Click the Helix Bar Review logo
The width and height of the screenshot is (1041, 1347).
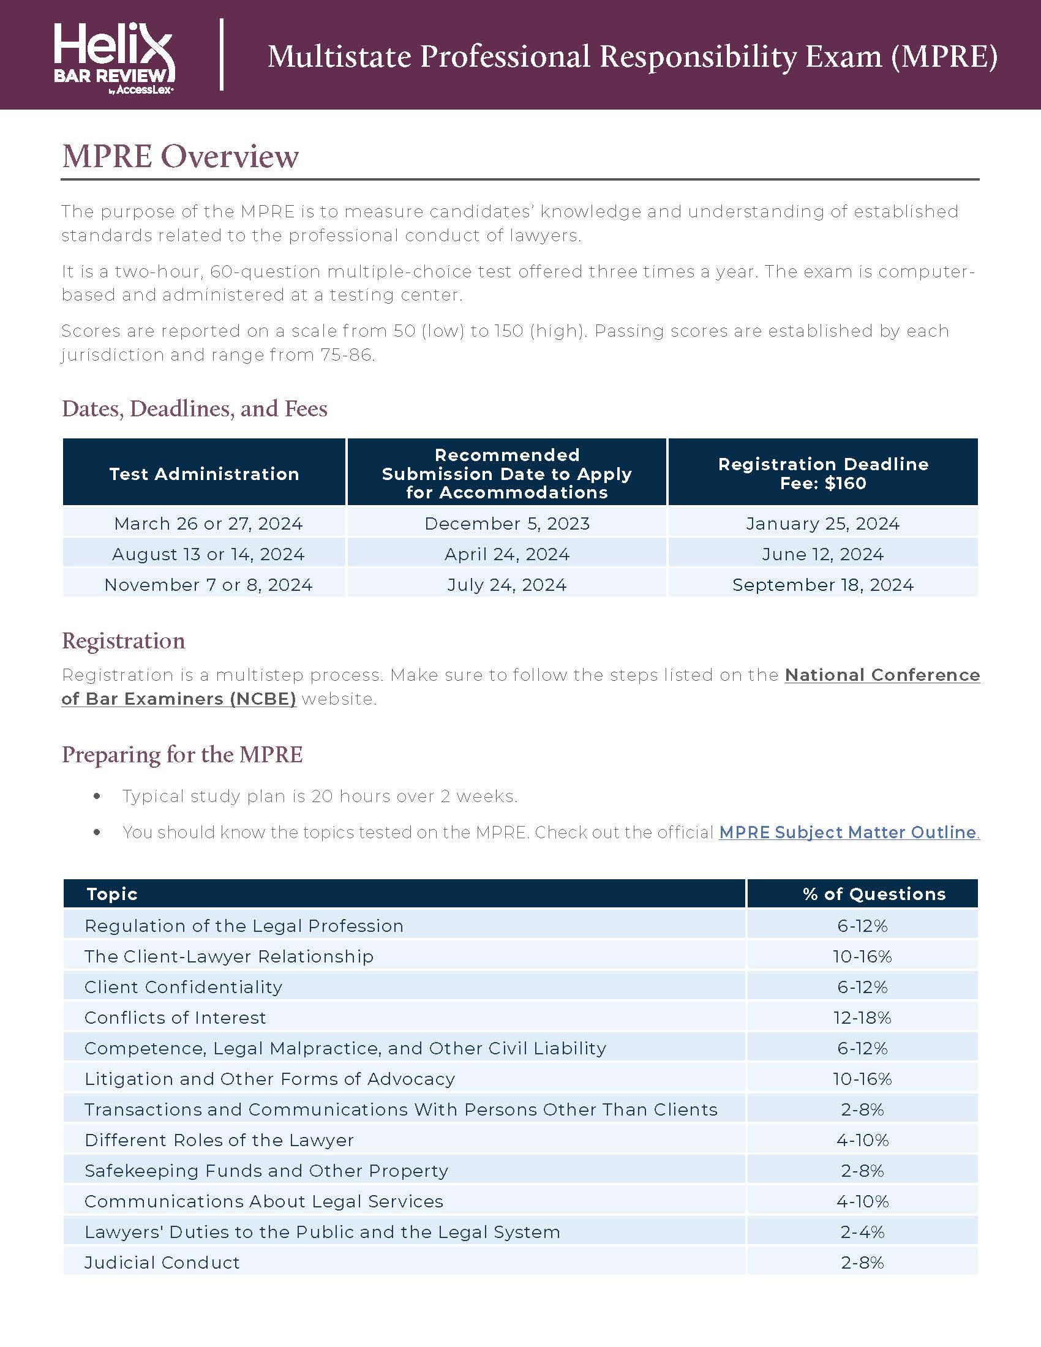(114, 58)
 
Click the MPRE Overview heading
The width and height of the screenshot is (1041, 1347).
(180, 156)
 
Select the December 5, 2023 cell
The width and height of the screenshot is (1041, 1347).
(507, 523)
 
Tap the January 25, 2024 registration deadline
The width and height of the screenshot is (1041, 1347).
(822, 523)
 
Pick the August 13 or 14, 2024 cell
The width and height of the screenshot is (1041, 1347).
(208, 554)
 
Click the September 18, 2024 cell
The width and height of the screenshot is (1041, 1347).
(822, 585)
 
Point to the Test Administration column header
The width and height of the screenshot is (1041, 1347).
(204, 474)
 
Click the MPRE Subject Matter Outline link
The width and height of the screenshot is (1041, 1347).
(848, 832)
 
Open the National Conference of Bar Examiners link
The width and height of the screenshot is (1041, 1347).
(882, 675)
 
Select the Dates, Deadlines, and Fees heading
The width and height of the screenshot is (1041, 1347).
(194, 408)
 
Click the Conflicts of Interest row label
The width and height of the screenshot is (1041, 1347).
(175, 1017)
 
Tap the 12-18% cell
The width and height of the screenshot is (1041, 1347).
(862, 1017)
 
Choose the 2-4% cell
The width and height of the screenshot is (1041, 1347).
(862, 1232)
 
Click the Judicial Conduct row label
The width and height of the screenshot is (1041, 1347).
(162, 1263)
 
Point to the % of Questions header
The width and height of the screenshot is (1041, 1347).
(874, 894)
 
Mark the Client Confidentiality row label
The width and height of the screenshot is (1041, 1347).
(183, 987)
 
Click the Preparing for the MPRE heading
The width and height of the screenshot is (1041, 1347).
(182, 754)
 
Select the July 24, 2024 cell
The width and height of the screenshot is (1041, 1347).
(507, 585)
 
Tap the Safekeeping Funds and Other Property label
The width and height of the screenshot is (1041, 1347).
(266, 1171)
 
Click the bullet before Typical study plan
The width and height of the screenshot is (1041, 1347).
(97, 796)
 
